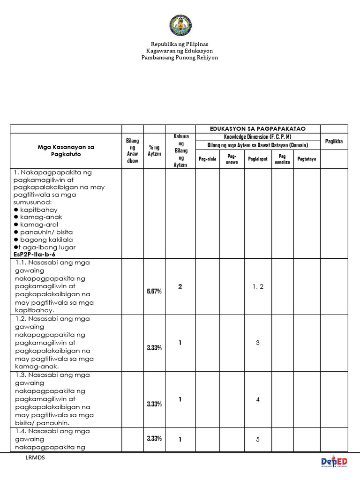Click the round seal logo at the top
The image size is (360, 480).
point(180,25)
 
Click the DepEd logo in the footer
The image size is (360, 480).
point(334,462)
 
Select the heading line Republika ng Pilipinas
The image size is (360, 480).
point(180,44)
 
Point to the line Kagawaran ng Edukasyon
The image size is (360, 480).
point(180,51)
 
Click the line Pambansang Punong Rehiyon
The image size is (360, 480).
point(180,57)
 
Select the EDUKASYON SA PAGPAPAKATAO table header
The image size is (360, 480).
point(258,128)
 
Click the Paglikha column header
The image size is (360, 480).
point(334,141)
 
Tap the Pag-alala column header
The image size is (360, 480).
point(207,159)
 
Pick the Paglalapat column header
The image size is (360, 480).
point(258,159)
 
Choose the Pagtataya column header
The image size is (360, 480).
point(307,159)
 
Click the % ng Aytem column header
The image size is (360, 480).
point(154,150)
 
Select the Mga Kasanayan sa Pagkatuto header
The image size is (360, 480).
point(66,150)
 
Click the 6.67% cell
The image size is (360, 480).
point(154,291)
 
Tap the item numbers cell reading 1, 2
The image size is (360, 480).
point(258,286)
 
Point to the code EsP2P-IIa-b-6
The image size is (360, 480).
point(36,254)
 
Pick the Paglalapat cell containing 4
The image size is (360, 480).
point(258,399)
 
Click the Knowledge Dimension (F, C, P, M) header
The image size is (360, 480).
point(258,136)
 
